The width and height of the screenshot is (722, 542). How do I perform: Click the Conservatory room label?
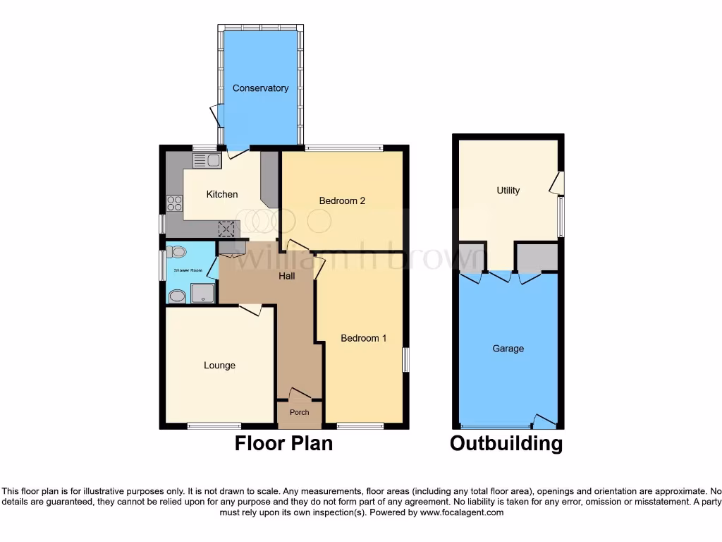(x=261, y=88)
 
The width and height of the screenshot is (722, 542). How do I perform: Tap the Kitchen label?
(x=222, y=194)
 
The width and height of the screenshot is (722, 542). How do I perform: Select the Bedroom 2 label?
(x=342, y=200)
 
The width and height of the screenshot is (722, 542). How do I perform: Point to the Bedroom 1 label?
(x=364, y=338)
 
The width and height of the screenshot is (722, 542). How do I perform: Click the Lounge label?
(x=219, y=366)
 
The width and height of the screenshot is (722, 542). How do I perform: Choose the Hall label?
(x=287, y=276)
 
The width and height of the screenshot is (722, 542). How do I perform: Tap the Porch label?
(x=300, y=413)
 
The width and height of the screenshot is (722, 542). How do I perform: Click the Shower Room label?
(x=188, y=270)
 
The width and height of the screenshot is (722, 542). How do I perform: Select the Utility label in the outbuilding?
(x=508, y=191)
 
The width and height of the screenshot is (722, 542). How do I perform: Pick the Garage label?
(x=508, y=349)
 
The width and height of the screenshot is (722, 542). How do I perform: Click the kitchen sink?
(x=207, y=160)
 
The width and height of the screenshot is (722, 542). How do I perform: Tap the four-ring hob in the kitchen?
(x=174, y=203)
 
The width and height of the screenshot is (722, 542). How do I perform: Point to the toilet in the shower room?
(x=176, y=251)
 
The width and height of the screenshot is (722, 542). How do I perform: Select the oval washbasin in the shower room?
(x=177, y=296)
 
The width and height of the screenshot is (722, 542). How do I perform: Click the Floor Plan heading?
(x=283, y=443)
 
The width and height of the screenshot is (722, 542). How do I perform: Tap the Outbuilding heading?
(x=506, y=443)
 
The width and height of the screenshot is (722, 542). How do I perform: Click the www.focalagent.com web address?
(x=461, y=513)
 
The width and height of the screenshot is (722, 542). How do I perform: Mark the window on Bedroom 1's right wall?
(x=405, y=359)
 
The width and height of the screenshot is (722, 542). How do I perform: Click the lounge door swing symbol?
(x=251, y=308)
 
